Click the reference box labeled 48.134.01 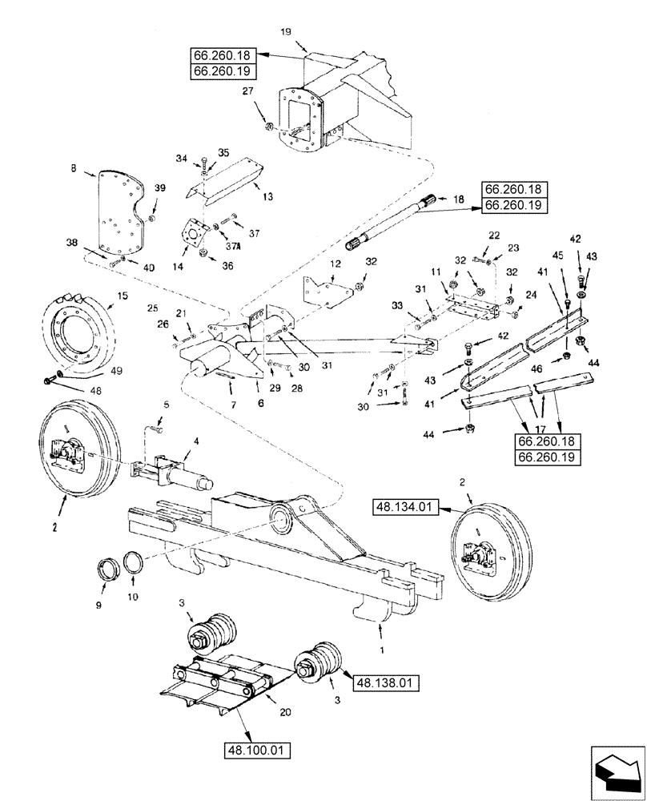(x=406, y=506)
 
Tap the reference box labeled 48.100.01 (x=258, y=751)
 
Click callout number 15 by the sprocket (x=123, y=296)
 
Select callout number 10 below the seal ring (x=130, y=598)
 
